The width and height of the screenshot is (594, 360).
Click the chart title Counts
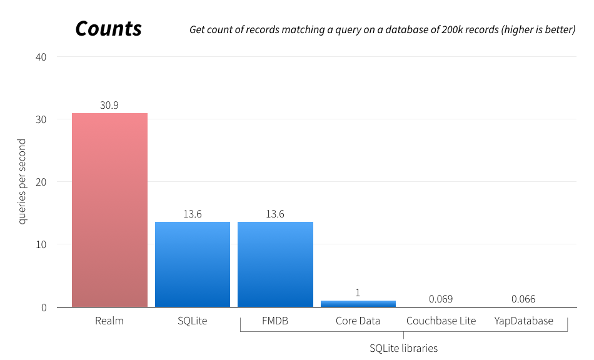click(108, 29)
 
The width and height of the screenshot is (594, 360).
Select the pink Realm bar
click(109, 210)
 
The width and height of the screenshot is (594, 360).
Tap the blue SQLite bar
click(192, 264)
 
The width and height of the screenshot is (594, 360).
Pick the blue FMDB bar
click(275, 264)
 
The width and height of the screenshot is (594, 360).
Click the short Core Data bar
click(358, 304)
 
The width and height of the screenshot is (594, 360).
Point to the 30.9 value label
click(109, 106)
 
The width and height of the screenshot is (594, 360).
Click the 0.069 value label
click(440, 299)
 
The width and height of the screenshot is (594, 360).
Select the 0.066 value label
click(523, 299)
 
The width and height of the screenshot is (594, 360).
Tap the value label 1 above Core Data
click(358, 292)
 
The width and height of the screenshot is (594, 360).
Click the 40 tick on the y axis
click(41, 57)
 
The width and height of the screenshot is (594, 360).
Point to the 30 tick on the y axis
click(41, 119)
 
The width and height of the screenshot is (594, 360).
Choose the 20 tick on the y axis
click(41, 182)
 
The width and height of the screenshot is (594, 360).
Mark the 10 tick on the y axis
click(41, 244)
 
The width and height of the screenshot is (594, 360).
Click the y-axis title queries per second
click(23, 182)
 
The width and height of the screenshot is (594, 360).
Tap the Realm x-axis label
click(109, 321)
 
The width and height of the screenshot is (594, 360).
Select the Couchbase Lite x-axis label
click(441, 321)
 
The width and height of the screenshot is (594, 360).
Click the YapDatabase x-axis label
click(523, 321)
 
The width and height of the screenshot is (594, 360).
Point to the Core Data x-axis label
click(358, 321)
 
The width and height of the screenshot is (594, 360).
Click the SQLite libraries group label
click(403, 348)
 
